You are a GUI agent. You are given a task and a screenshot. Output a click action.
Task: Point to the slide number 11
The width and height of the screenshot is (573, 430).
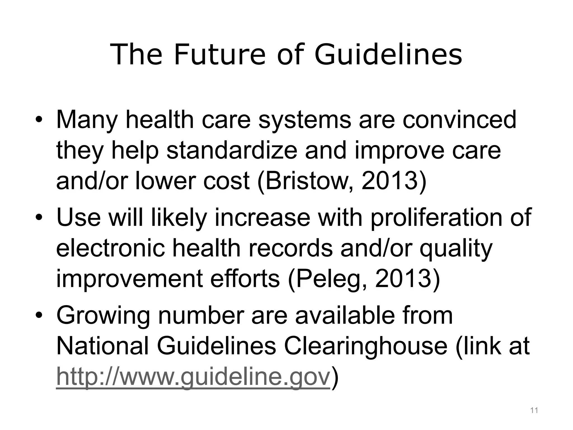pyautogui.click(x=534, y=411)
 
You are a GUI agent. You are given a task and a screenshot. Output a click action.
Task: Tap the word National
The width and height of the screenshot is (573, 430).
pyautogui.click(x=102, y=346)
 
